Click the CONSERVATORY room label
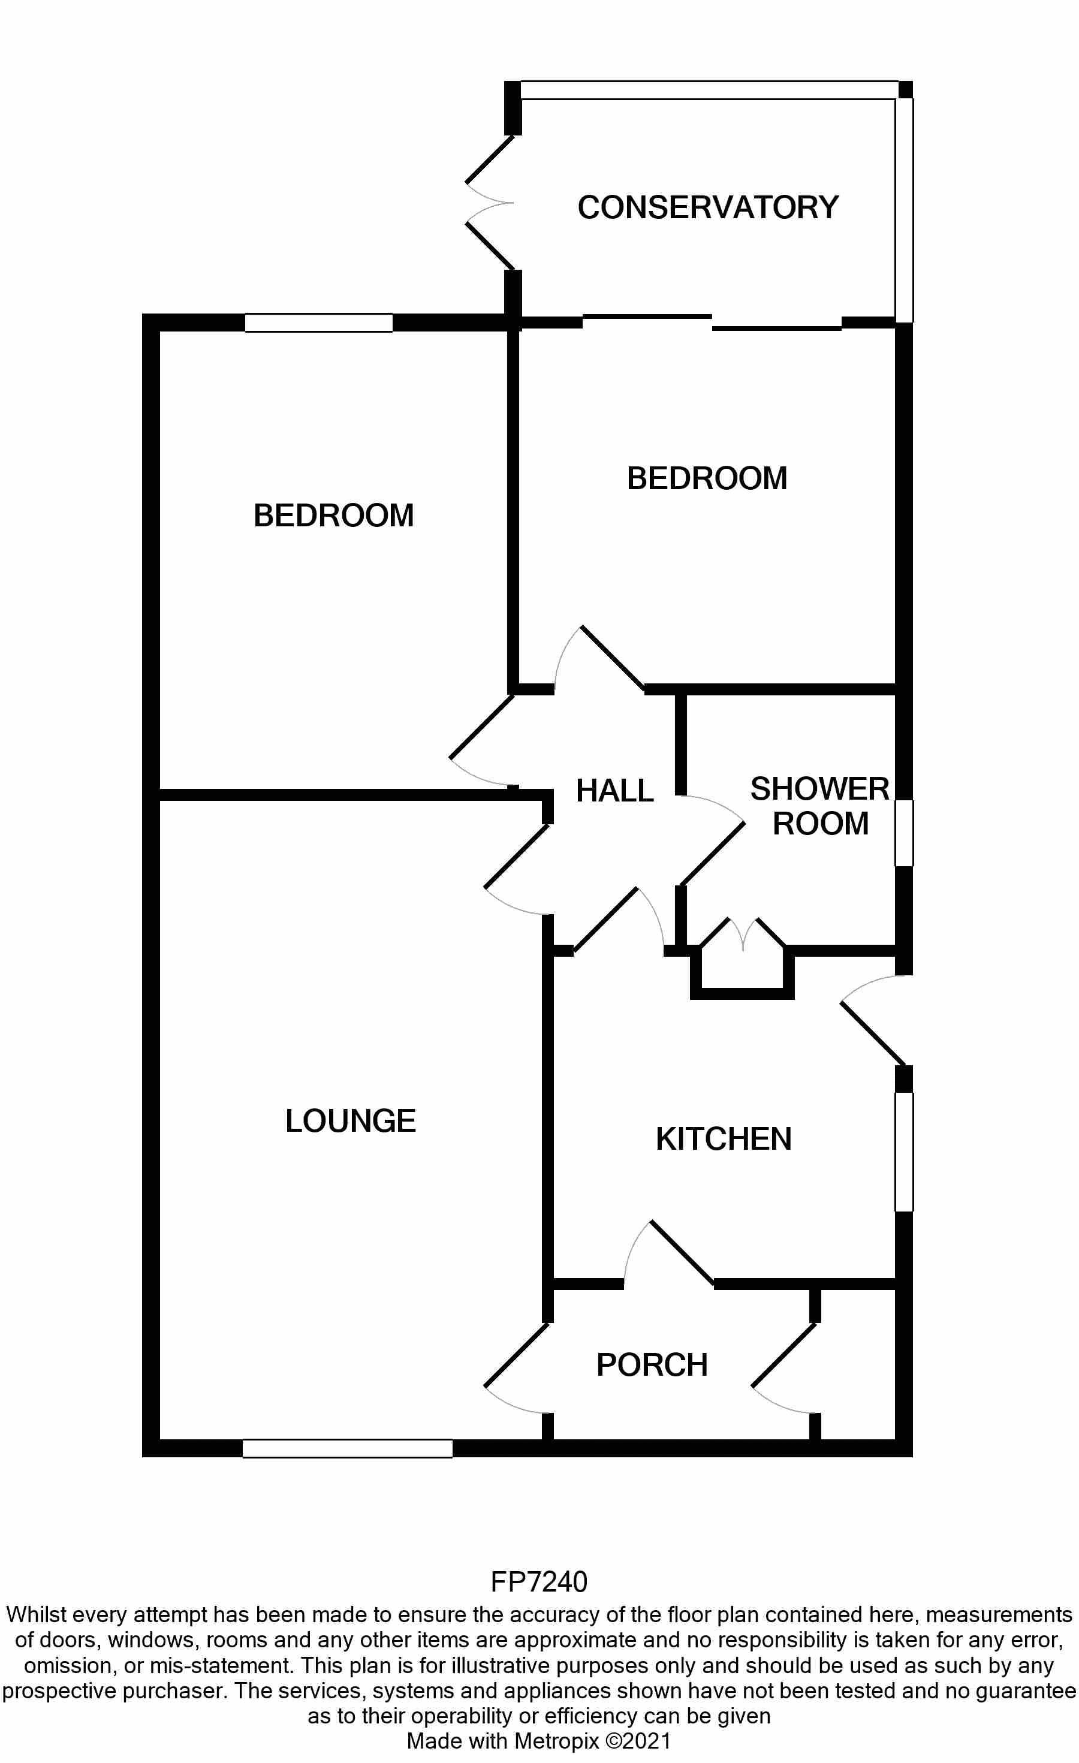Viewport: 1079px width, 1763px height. (708, 207)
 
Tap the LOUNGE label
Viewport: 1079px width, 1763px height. (350, 1121)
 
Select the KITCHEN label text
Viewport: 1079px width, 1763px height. (724, 1140)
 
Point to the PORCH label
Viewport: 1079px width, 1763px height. (652, 1365)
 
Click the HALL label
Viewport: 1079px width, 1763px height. (614, 791)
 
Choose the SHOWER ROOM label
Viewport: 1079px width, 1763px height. (820, 806)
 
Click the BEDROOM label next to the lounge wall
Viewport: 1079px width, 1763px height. (333, 516)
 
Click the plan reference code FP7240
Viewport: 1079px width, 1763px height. (539, 1582)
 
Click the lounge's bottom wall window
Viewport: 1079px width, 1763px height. (348, 1448)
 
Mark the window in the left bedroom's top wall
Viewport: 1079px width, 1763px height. (319, 323)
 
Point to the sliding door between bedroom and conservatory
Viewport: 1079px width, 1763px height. (712, 322)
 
